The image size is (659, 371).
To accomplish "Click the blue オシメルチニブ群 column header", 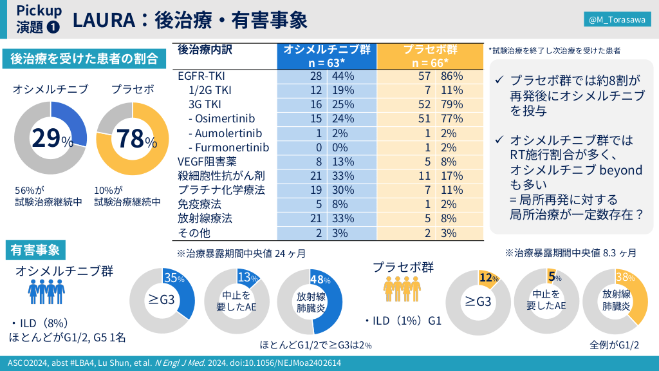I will (x=327, y=56).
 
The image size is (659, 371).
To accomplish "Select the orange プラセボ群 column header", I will (x=430, y=56).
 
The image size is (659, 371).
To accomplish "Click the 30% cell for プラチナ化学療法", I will (x=342, y=190).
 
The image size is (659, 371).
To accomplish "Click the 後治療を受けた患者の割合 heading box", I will (x=84, y=59).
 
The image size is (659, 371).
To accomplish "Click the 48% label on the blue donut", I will (x=320, y=280).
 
